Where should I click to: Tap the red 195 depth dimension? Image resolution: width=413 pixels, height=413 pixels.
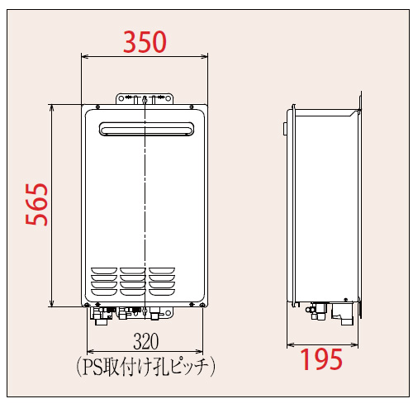pyautogui.click(x=321, y=359)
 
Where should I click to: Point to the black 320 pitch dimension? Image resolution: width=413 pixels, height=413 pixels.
pyautogui.click(x=145, y=341)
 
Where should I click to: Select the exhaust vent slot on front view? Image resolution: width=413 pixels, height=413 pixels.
pyautogui.click(x=145, y=129)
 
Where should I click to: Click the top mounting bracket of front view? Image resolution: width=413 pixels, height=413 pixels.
pyautogui.click(x=145, y=98)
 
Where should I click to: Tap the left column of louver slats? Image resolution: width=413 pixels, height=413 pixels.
pyautogui.click(x=104, y=280)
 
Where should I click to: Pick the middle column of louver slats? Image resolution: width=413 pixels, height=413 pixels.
pyautogui.click(x=132, y=280)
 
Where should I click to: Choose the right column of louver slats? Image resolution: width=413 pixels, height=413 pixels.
pyautogui.click(x=161, y=280)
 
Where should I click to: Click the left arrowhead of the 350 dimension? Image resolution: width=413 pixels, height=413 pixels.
pyautogui.click(x=83, y=57)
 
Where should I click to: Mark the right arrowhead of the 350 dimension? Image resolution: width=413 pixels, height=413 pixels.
pyautogui.click(x=206, y=57)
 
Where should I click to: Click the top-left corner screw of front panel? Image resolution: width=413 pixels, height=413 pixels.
pyautogui.click(x=98, y=107)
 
